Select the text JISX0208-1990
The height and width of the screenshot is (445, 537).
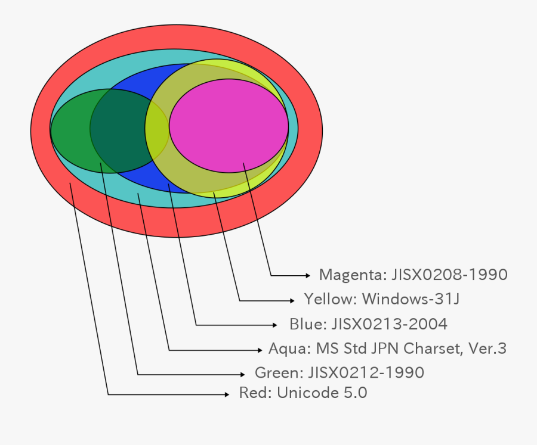pos(450,275)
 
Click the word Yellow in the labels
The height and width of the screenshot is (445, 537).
pos(330,299)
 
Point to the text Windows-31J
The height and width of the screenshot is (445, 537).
pos(411,299)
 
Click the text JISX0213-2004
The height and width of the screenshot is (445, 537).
pos(389,324)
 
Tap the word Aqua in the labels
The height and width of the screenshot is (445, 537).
pos(289,348)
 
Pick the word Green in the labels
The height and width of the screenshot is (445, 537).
pos(279,373)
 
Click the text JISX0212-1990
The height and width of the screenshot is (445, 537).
pos(366,373)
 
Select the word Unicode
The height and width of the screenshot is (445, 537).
pos(304,393)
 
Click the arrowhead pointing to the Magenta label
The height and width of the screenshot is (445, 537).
pos(308,275)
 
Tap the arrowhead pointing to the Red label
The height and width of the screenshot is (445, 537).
pos(227,394)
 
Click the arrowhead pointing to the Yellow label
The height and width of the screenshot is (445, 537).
pos(291,300)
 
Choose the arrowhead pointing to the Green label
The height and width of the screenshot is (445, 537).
pos(242,374)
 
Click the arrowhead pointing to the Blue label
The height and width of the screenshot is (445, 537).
pos(274,325)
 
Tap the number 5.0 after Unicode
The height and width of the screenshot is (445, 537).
pos(354,393)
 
